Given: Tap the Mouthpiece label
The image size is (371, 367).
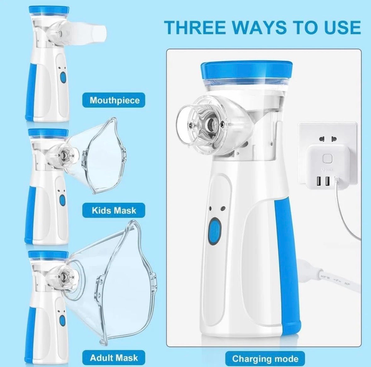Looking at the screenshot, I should pos(114,100).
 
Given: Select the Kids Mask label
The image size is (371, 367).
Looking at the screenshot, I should pos(114,210).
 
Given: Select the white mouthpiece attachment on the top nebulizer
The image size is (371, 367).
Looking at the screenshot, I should pos(91,32).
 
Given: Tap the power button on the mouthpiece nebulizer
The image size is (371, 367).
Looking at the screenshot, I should pos(63,77).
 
